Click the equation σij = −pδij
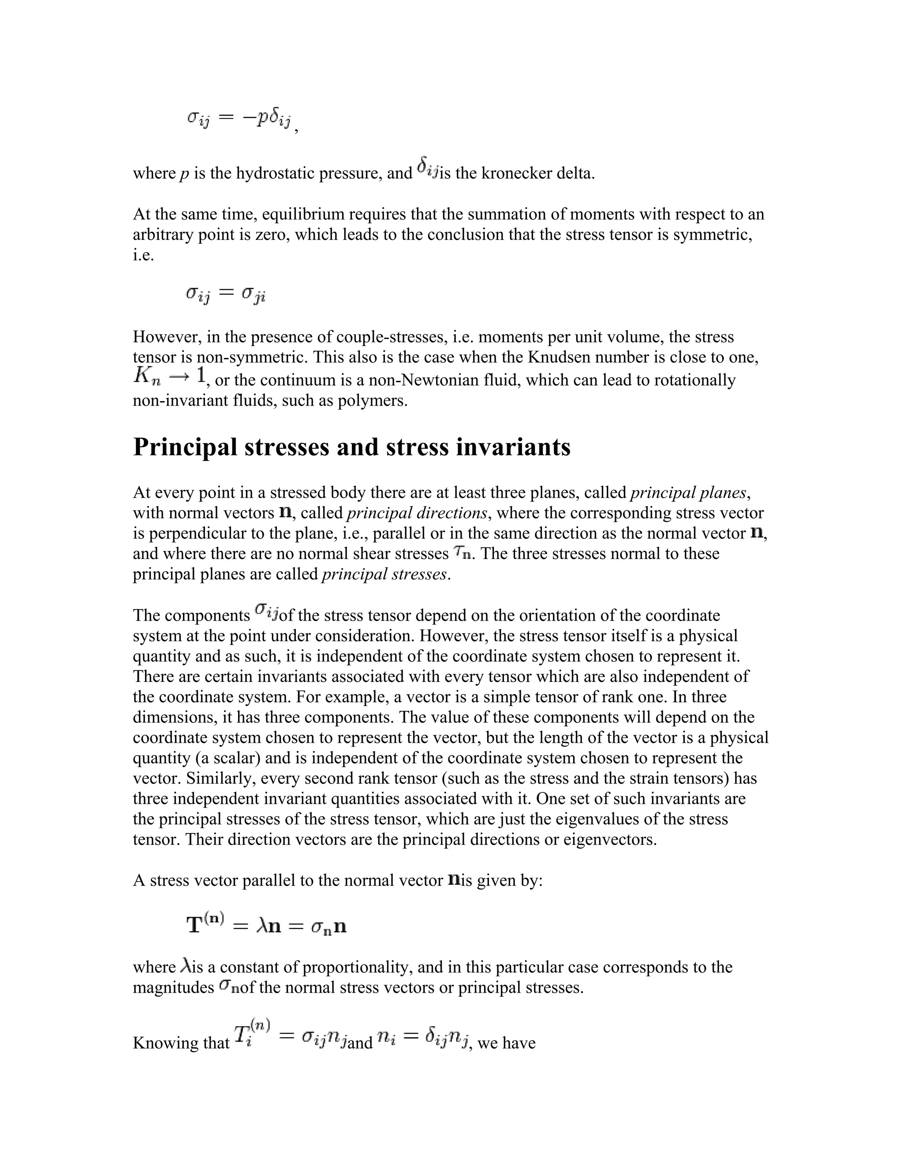pos(239,119)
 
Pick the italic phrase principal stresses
pos(384,574)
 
